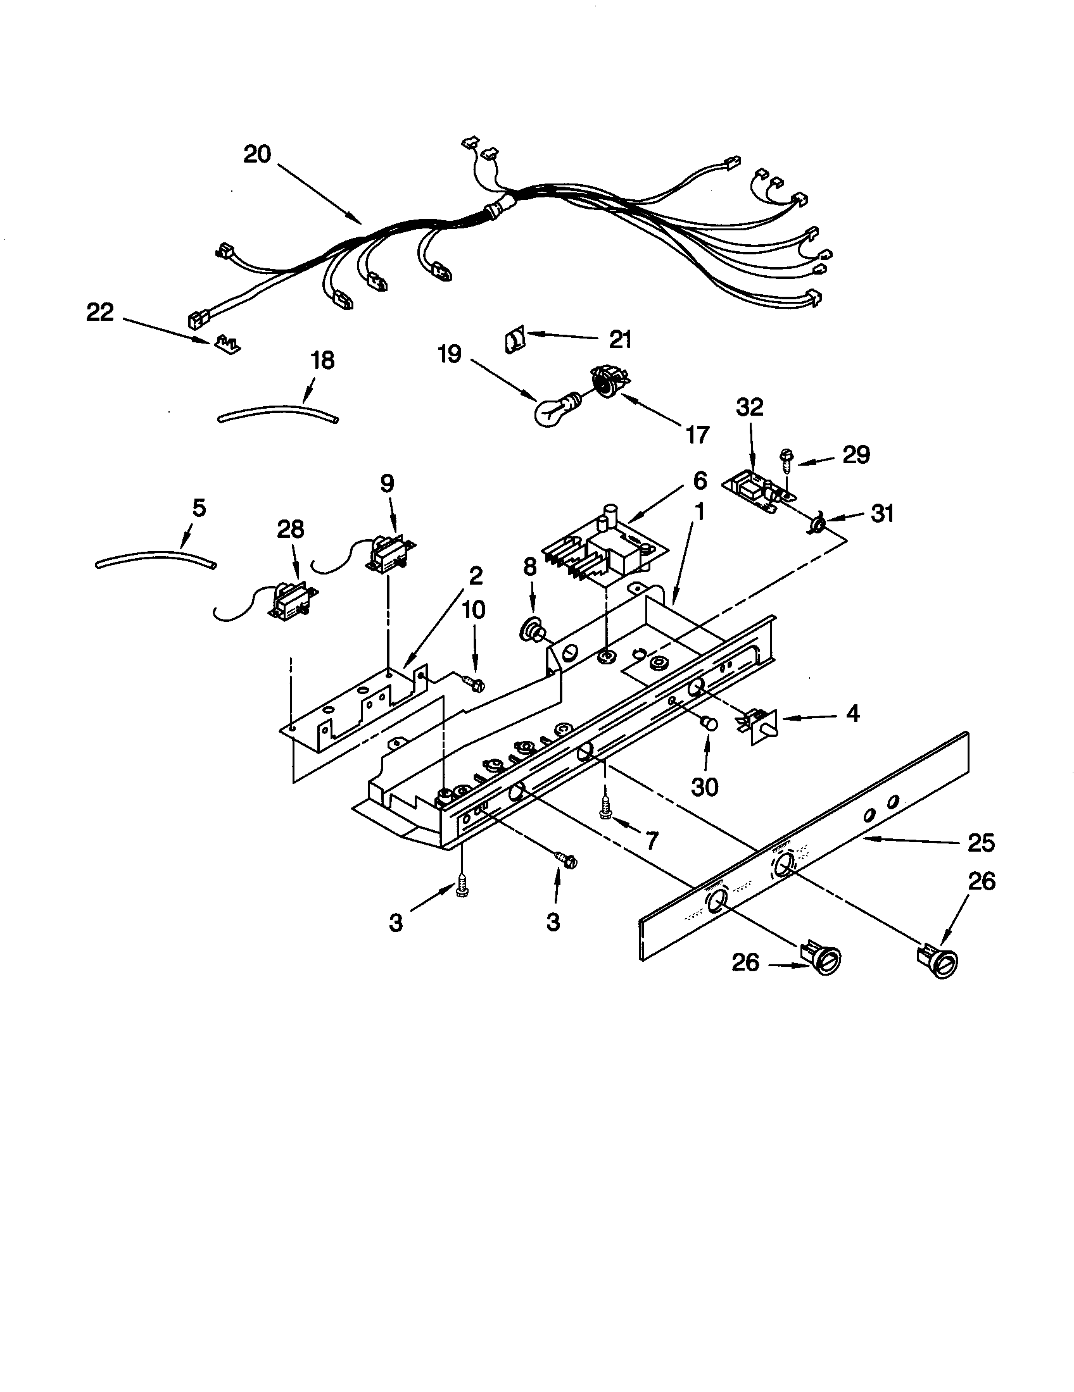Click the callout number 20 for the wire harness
(257, 154)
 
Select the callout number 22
(100, 313)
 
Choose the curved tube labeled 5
(155, 559)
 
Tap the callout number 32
(749, 407)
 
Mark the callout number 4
(853, 713)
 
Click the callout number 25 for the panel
(980, 843)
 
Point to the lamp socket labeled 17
(608, 380)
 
